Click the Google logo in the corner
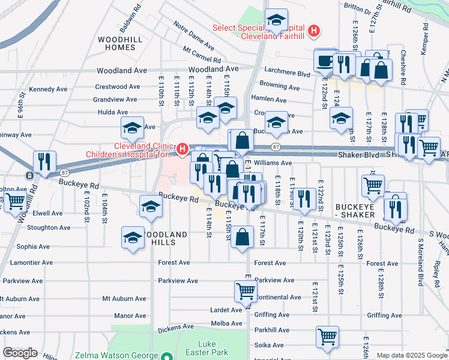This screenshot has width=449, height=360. coord(20,353)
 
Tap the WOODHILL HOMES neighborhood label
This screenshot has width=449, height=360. coord(118,43)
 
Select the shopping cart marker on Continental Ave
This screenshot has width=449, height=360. coord(246,292)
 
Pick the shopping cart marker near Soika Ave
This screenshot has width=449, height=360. coord(327,337)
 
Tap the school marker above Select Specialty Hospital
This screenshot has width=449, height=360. coord(276,20)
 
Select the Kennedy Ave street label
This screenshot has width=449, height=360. coord(48,89)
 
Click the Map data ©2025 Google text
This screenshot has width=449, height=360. coord(412,355)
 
